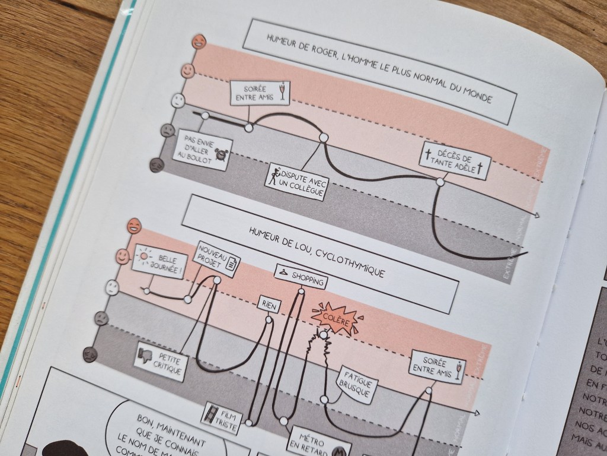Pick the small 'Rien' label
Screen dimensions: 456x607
[269, 306]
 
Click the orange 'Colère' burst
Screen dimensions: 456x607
[336, 321]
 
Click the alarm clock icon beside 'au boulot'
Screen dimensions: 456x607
[222, 156]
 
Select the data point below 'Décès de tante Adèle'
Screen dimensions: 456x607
[439, 182]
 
